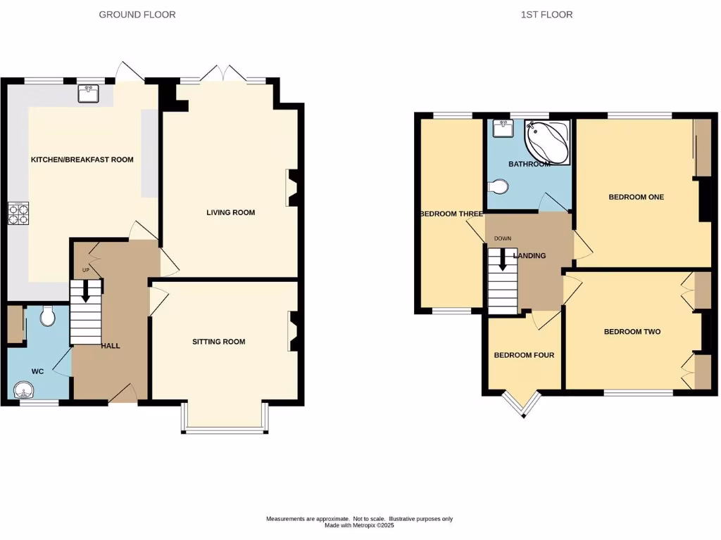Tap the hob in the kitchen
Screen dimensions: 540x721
(x=18, y=213)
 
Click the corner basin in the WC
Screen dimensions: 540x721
(x=22, y=389)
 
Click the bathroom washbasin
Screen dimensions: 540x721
(x=503, y=129)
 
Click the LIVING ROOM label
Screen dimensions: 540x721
(x=230, y=212)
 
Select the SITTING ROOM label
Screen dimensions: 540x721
(x=219, y=342)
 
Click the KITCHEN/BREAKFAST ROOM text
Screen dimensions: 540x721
(x=82, y=160)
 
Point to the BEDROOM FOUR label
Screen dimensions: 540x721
(x=524, y=356)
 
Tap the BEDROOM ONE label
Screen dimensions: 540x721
(x=637, y=197)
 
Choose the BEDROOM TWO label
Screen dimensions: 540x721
(x=632, y=332)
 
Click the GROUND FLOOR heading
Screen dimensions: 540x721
(x=137, y=14)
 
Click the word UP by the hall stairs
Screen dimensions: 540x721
(x=86, y=270)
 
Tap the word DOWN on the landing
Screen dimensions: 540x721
(x=502, y=238)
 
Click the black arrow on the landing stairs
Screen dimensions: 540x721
(x=503, y=261)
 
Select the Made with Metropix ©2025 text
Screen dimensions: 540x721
(x=360, y=525)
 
